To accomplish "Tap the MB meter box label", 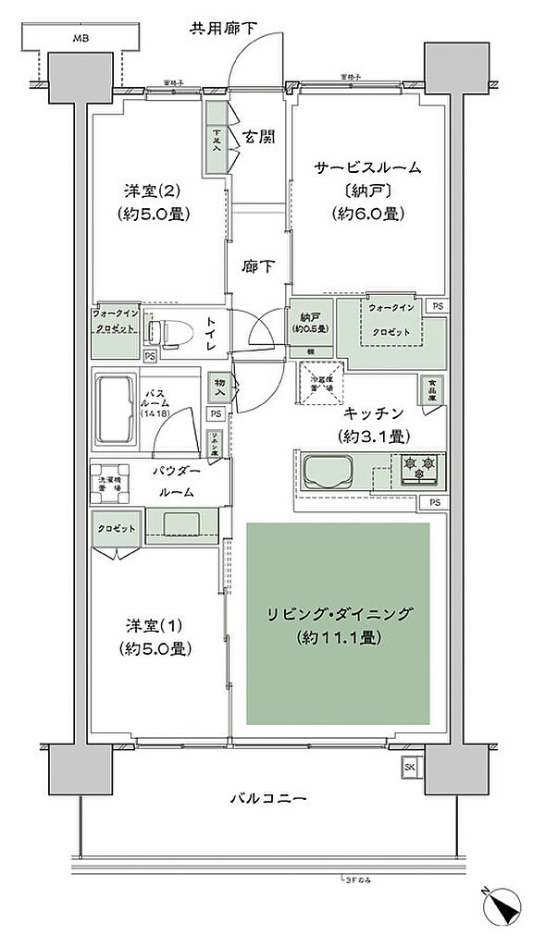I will click(x=82, y=38).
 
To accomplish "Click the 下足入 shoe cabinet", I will click(x=216, y=136).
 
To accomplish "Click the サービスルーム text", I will click(x=367, y=168).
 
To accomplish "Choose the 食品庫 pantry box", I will click(x=432, y=390).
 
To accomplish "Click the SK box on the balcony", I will click(x=410, y=767).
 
